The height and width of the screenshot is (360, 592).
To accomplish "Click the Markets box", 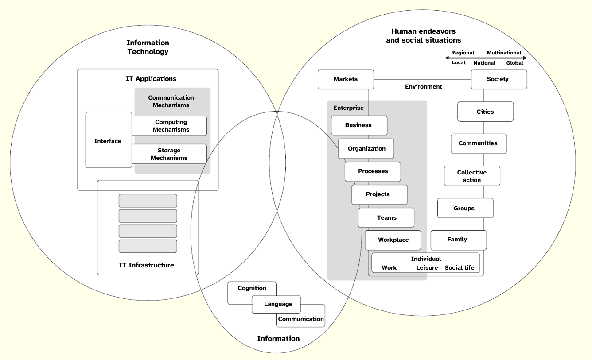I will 346,79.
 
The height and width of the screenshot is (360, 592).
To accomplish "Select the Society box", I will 499,79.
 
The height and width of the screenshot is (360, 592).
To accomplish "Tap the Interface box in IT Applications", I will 108,141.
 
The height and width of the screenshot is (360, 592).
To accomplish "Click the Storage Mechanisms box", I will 169,154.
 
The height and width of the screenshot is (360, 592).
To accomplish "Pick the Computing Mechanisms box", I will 171,126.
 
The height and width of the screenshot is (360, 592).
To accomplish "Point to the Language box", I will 278,304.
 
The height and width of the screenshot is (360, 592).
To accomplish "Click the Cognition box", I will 252,288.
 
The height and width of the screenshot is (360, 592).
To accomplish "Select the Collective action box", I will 472,176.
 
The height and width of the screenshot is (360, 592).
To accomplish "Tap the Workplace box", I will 393,240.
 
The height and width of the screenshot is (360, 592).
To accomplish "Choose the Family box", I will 458,240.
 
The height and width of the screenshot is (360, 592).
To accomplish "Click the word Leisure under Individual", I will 427,268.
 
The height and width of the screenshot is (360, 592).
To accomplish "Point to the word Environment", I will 423,87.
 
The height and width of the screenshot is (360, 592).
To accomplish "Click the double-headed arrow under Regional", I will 486,58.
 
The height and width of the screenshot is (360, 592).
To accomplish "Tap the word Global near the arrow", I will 514,63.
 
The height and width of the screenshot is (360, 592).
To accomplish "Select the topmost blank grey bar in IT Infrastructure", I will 148,201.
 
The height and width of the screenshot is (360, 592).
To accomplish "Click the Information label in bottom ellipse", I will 278,339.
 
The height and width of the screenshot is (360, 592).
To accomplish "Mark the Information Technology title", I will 148,47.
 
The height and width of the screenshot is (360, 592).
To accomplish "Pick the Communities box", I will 478,143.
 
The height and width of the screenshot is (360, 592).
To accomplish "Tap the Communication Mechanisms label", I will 171,101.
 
